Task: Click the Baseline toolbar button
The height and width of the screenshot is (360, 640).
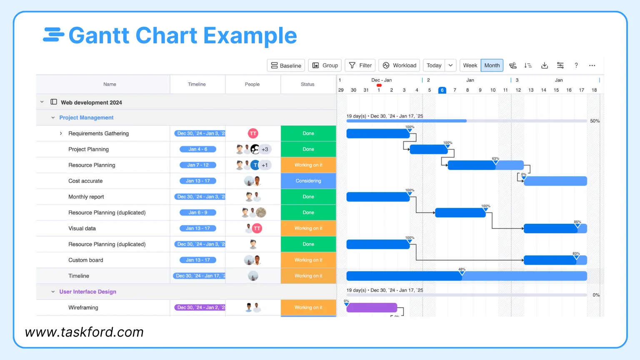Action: tap(286, 65)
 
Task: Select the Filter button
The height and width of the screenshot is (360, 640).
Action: tap(360, 65)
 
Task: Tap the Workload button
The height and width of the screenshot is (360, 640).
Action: tap(399, 65)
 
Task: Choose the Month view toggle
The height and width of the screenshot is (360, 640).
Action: tap(492, 65)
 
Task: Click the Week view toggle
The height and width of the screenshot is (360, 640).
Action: tap(470, 65)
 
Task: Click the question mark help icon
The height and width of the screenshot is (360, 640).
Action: tap(576, 65)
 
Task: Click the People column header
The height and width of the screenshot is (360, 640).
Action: tap(252, 84)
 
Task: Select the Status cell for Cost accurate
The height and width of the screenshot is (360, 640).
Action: tap(308, 181)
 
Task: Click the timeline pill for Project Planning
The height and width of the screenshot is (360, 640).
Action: tap(198, 149)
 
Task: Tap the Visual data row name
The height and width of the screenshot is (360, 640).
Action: tap(82, 228)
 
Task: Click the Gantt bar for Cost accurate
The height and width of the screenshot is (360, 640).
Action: tap(555, 181)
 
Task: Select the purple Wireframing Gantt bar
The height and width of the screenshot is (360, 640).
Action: tap(372, 307)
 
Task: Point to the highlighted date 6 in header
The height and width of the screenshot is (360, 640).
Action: tap(442, 90)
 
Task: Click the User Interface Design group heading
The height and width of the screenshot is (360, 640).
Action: tap(87, 292)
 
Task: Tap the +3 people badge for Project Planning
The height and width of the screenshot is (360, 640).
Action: tap(265, 149)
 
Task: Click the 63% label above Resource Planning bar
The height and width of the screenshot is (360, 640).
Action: tap(495, 158)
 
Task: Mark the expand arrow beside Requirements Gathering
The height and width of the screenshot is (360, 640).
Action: tap(61, 133)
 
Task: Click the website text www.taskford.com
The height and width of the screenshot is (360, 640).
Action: tap(84, 332)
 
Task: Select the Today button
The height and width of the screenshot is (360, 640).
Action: tap(434, 65)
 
